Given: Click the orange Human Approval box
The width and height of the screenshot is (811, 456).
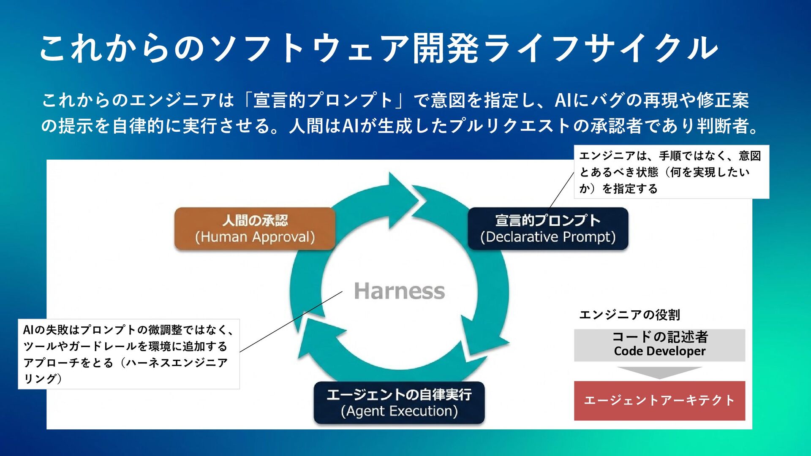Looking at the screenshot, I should pos(255,228).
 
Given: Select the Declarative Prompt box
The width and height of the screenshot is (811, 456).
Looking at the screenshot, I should pos(548,228).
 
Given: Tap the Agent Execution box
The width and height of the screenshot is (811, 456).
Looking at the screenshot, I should pos(399,402).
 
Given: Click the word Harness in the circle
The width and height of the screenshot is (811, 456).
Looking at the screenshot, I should pos(399,291).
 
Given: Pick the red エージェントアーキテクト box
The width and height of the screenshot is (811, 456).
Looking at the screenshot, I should pos(659,400).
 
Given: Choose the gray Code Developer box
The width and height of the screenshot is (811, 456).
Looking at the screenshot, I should pos(659,345).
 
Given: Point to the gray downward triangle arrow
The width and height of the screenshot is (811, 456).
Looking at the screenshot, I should pos(659,372).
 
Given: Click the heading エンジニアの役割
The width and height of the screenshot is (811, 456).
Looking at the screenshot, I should pos(629,315).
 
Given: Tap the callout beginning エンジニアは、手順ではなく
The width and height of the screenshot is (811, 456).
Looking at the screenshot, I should pos(671,172).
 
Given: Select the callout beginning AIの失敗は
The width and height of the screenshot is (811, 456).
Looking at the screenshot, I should pos(128,354).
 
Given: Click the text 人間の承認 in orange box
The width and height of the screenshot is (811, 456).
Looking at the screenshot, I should pos(255,220).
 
